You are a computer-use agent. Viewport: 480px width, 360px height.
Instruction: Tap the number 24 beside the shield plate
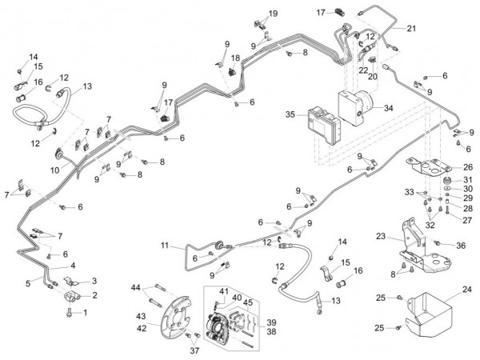point(467,290)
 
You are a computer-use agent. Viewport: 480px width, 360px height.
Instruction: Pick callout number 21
point(412,29)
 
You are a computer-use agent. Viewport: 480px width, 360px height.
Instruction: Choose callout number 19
point(274,14)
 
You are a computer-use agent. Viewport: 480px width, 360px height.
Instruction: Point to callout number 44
point(136,287)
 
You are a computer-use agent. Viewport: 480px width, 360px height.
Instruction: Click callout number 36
point(460,245)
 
